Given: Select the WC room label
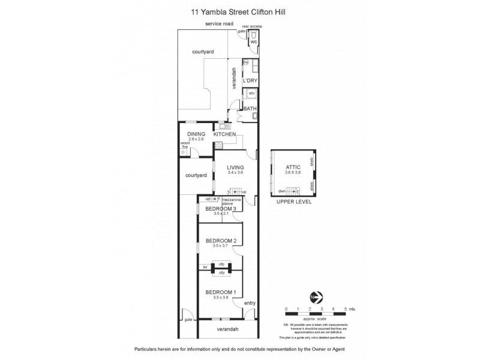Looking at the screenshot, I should [253, 42].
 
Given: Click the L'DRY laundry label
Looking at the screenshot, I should [250, 80].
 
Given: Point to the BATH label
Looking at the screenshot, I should [250, 109].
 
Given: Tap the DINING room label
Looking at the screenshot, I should [196, 134].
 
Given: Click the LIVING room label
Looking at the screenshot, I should [236, 167].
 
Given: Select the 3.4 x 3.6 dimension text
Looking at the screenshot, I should [236, 173].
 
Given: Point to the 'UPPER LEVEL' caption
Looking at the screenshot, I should [293, 203].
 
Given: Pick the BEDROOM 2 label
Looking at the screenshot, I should [221, 241].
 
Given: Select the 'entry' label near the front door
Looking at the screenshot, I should [250, 303].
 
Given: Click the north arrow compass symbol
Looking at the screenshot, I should [316, 296].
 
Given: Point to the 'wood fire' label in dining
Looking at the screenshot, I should [185, 145].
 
